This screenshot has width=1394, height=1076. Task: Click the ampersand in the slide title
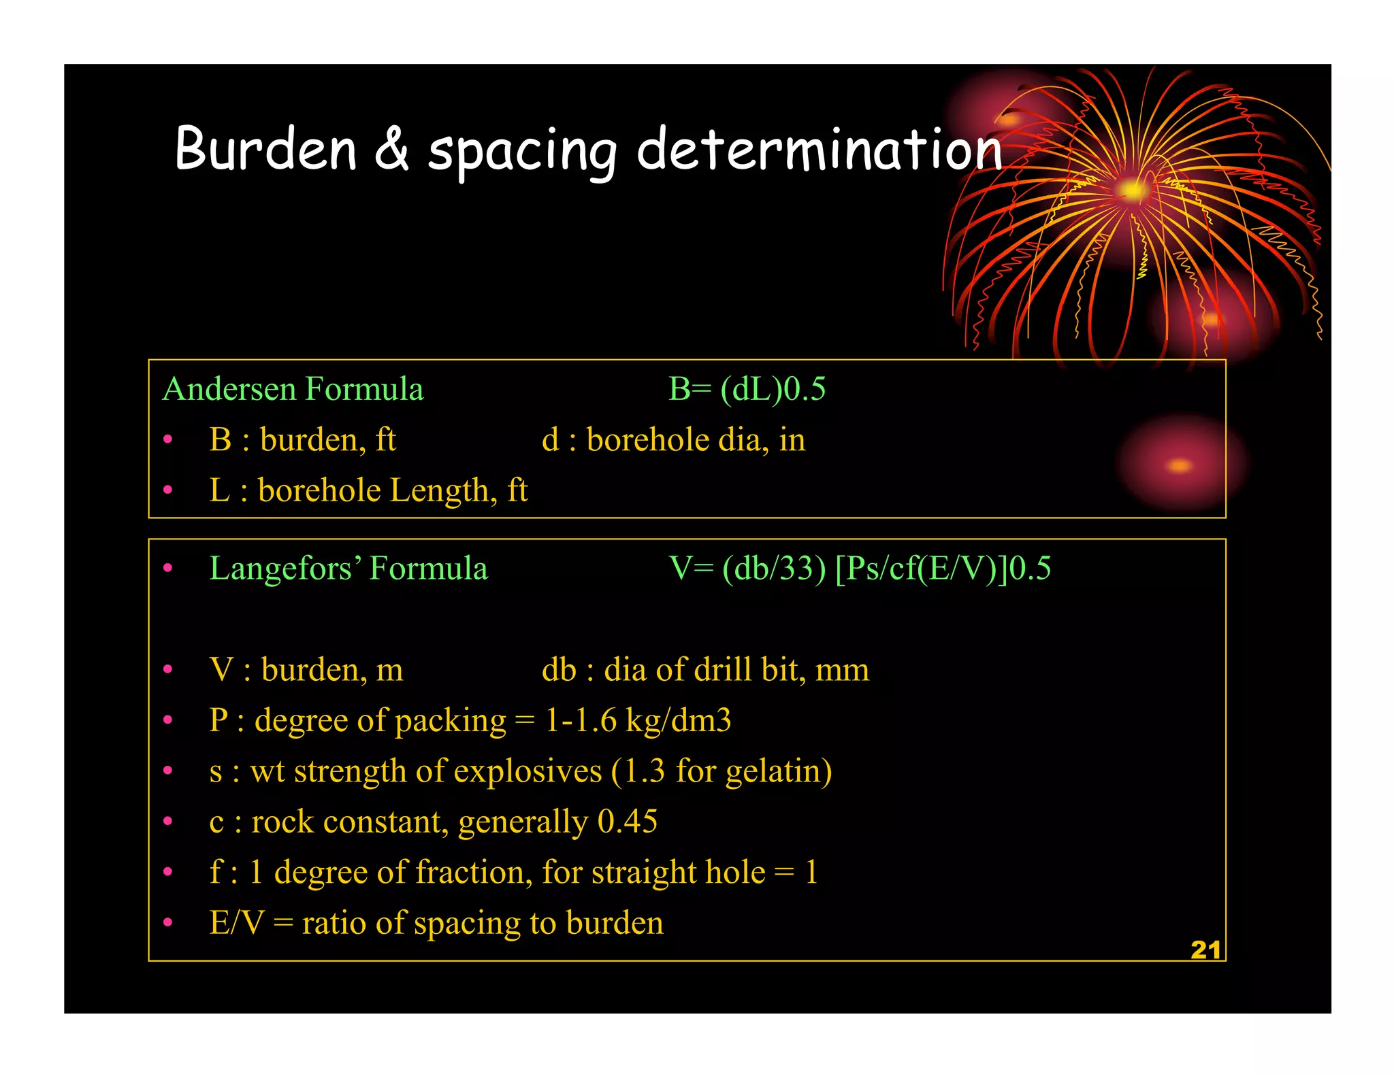pos(392,150)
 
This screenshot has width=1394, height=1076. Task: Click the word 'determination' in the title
pos(819,150)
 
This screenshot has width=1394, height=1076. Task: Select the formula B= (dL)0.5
pos(747,390)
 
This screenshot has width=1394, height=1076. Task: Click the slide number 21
pos(1205,950)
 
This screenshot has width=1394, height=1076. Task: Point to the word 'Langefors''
pos(285,569)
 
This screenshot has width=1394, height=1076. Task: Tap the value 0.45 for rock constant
pos(627,822)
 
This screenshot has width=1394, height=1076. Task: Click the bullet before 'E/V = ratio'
pos(168,924)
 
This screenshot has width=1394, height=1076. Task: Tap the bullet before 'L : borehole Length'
pos(168,490)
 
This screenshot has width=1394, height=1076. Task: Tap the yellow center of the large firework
pos(1131,190)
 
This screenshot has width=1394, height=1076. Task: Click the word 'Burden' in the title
pos(265,150)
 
